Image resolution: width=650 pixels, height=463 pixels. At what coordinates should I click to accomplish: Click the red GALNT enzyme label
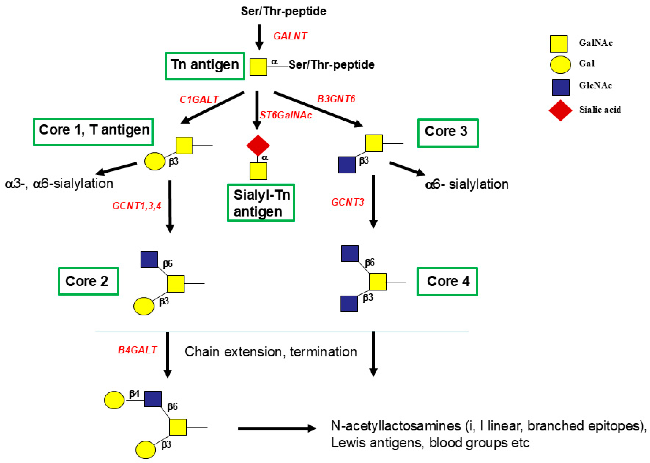tap(290, 36)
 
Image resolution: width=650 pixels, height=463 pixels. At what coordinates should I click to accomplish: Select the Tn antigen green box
tap(205, 66)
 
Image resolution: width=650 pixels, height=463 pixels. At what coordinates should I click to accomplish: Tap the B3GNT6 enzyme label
tap(336, 99)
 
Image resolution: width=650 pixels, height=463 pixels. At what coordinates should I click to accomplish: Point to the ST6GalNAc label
tap(286, 115)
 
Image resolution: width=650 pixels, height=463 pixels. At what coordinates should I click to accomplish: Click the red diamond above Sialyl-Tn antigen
tap(258, 145)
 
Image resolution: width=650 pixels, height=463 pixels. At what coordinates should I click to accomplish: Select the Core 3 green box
tap(448, 133)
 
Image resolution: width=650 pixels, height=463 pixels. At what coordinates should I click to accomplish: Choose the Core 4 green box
tap(447, 281)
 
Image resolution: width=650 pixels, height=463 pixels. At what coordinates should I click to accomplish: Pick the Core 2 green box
tap(88, 281)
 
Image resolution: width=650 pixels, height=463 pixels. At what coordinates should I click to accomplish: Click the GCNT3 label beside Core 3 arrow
tap(347, 202)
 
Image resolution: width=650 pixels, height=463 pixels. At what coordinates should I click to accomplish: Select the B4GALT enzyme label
tap(137, 350)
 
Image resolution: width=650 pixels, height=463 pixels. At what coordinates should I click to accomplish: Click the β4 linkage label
tap(134, 394)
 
